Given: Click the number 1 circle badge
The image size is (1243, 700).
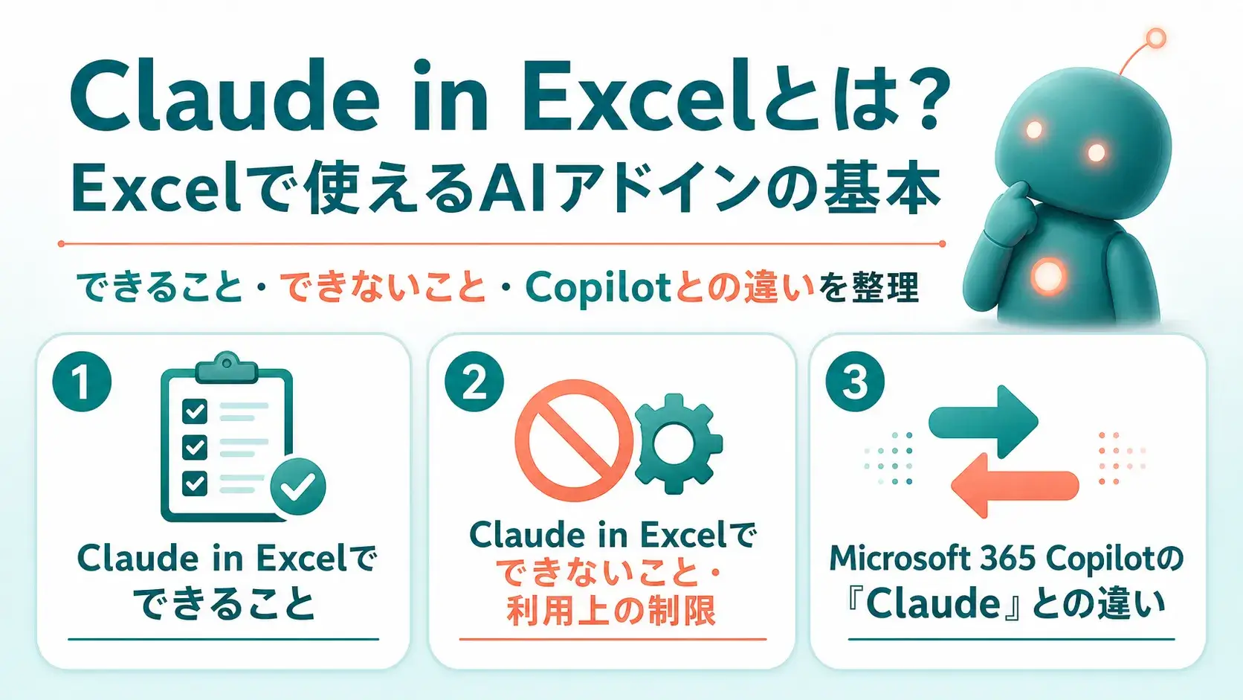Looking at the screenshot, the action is coord(82,382).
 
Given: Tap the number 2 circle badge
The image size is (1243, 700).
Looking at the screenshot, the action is coord(474,382).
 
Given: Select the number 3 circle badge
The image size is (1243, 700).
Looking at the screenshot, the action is coord(855,382).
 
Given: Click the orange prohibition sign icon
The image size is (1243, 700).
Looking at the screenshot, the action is coord(574,440).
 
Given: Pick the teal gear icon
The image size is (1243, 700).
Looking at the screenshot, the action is coord(678,443).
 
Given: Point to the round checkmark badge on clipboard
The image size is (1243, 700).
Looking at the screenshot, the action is coord(298,487).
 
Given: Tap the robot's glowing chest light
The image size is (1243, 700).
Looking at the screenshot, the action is coord(1048,275).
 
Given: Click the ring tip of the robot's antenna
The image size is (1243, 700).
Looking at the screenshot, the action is coord(1156,38).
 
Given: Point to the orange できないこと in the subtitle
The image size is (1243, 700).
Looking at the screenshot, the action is coord(383,288).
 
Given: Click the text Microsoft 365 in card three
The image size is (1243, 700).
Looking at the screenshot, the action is coord(932,559).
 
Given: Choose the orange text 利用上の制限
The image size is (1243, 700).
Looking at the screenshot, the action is coord(611,611).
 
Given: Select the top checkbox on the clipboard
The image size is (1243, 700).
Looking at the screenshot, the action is coord(195,411).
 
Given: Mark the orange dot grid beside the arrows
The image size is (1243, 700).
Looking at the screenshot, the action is coord(1122,458).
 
